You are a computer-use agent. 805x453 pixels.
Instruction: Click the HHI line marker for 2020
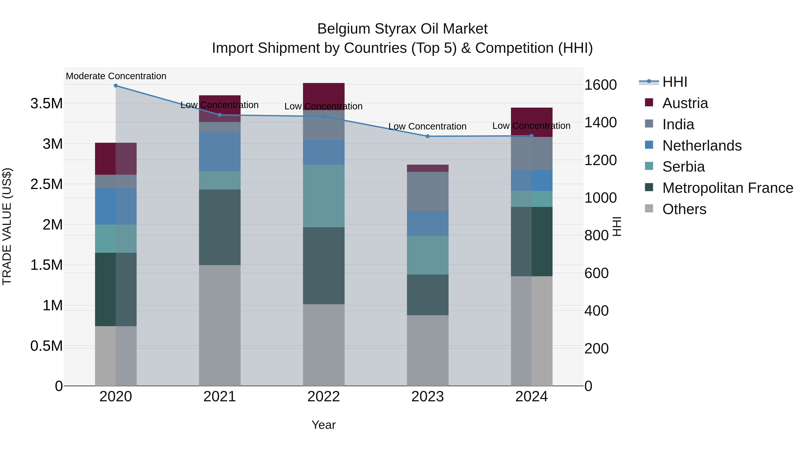point(116,85)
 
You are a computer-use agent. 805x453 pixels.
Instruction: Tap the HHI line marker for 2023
point(428,136)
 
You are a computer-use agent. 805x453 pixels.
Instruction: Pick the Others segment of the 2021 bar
point(220,325)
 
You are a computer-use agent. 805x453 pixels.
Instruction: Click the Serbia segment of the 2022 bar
point(324,196)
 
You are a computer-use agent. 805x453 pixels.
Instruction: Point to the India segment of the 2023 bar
point(428,191)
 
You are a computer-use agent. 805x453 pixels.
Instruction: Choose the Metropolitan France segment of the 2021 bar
point(220,227)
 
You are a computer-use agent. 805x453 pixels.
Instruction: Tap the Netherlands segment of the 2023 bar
point(428,223)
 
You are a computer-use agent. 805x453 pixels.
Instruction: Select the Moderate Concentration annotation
point(116,76)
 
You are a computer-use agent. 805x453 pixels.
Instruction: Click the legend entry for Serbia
point(683,167)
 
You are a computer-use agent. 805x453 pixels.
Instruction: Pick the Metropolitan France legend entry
point(727,188)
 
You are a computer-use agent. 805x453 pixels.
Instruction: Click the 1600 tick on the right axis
point(600,85)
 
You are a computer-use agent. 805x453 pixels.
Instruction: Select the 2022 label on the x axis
point(324,397)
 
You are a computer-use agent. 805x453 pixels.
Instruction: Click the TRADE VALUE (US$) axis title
point(7,226)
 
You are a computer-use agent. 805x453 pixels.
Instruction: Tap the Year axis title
point(324,425)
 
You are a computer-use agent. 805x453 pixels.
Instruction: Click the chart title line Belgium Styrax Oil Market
point(402,29)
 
